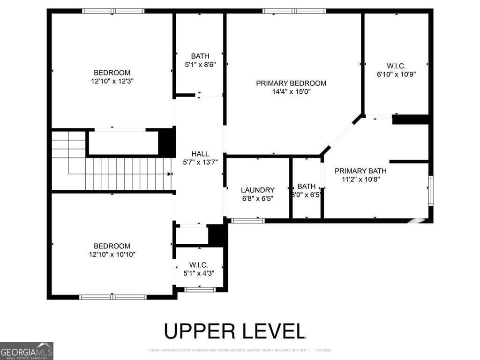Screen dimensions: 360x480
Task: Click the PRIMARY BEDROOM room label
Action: pos(291,83)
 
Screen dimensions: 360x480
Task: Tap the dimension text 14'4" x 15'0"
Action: pos(291,92)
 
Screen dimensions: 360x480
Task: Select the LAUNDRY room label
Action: pos(257,190)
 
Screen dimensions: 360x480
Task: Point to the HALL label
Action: pos(200,154)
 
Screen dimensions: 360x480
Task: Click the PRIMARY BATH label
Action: pos(360,171)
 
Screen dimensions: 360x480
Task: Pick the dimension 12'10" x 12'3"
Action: pos(112,81)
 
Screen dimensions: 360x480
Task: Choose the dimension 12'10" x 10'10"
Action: pos(112,254)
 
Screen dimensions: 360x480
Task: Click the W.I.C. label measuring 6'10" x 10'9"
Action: pos(396,66)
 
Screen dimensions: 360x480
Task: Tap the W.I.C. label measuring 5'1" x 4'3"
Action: pos(199,265)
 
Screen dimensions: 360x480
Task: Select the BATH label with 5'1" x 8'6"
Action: pos(200,56)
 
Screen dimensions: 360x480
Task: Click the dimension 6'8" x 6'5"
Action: pos(257,198)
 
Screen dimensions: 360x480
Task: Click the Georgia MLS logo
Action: pos(27,351)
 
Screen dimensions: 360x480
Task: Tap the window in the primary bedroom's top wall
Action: pos(294,11)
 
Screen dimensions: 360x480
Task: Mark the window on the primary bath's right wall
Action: pos(431,190)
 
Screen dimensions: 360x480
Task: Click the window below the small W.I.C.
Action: pos(200,290)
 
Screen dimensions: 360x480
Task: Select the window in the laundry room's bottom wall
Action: pos(248,220)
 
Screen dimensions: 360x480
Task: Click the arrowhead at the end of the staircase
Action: pos(169,174)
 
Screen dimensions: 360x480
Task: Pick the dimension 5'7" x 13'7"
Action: pos(200,162)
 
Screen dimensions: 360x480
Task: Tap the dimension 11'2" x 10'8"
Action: pos(360,180)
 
